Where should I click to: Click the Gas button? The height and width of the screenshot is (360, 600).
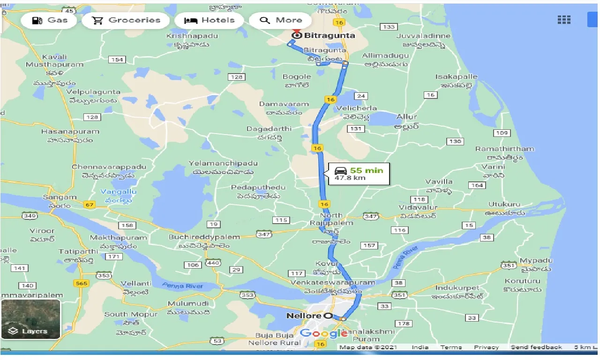[49, 20]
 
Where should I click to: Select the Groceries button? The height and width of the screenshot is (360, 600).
[126, 20]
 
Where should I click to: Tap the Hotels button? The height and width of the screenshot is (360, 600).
[209, 20]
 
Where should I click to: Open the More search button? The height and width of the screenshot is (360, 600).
[281, 20]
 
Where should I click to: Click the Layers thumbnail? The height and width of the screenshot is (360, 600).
[30, 319]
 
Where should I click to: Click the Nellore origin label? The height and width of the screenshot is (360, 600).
[304, 316]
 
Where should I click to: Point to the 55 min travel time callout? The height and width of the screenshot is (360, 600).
[359, 173]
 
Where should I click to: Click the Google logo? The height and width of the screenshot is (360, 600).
[321, 333]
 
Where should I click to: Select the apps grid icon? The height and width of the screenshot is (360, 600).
[564, 20]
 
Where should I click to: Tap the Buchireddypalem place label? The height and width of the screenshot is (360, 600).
[204, 237]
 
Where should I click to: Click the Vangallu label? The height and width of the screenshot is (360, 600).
[119, 192]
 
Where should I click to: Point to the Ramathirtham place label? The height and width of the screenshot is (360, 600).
[504, 149]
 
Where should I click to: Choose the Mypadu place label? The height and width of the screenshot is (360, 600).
[533, 261]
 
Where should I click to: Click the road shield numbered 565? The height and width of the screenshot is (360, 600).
[81, 283]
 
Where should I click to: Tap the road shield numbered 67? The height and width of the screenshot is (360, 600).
[89, 204]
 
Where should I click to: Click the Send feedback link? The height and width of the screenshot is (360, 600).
[536, 347]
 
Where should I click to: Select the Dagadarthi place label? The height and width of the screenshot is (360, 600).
[269, 128]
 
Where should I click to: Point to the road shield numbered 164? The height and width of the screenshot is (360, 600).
[477, 185]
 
